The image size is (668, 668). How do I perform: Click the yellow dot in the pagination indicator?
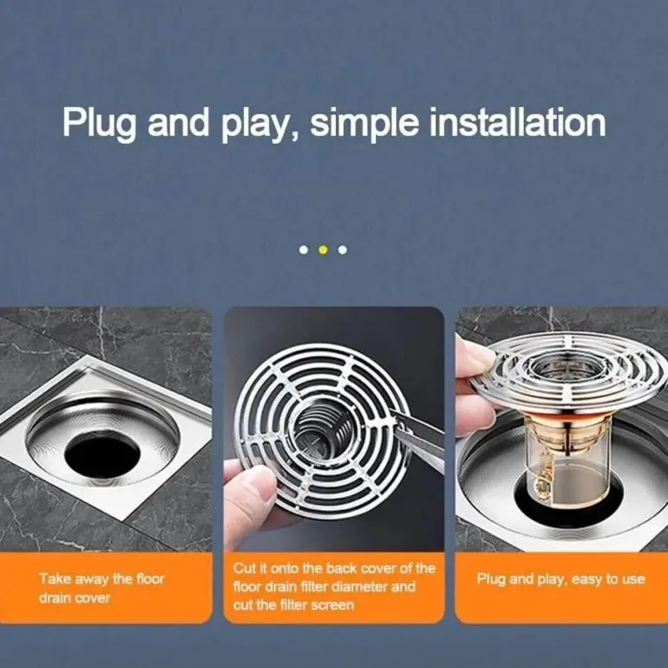point(323,250)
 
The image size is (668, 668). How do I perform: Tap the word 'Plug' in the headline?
point(100,123)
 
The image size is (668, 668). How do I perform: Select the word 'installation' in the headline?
point(517,122)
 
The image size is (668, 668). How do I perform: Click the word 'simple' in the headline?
point(364,123)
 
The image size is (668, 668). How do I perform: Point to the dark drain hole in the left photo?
point(102,454)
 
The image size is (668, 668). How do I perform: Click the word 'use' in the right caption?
point(633,580)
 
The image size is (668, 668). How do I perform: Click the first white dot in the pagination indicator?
point(304,250)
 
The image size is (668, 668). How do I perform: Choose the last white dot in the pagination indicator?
point(343,250)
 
